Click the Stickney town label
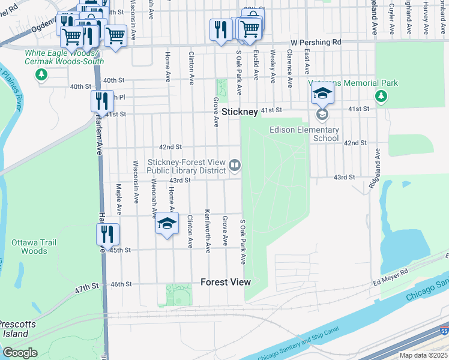pos(240,112)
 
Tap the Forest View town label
pos(225,282)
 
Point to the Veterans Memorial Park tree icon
pos(381,95)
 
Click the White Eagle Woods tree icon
pos(41,75)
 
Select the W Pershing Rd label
pos(315,43)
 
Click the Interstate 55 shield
pos(444,330)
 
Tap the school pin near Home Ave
pos(167,224)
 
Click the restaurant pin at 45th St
pos(107,233)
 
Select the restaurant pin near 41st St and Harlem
pos(101,100)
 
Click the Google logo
pos(20,353)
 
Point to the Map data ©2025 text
pos(424,355)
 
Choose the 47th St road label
pos(86,289)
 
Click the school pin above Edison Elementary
pos(322,94)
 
